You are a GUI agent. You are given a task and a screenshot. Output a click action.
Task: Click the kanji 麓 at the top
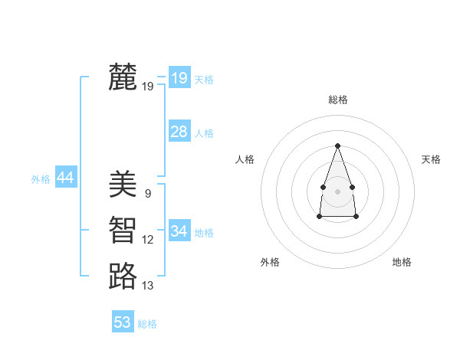coord(123,77)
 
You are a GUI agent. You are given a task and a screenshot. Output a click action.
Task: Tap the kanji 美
coord(123,184)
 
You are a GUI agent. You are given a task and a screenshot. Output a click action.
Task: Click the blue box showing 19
coord(179,77)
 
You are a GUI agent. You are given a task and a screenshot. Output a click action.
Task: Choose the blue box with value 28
coord(179,132)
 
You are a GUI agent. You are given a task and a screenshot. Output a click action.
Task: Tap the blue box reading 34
coord(179,231)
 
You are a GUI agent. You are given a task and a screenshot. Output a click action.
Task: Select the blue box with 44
coord(65,178)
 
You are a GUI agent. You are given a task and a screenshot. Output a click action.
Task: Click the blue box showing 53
coord(123,322)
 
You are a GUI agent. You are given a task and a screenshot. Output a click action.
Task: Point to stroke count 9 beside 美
coord(147,194)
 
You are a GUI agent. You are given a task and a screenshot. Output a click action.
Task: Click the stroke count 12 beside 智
coord(147,240)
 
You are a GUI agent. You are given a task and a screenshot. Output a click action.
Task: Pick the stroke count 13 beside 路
coord(147,286)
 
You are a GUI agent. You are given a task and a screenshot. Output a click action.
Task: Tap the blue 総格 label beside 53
coord(147,324)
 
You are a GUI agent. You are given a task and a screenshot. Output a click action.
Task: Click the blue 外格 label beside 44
coord(41,179)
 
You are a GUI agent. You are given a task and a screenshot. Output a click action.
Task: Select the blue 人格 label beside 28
coord(204,133)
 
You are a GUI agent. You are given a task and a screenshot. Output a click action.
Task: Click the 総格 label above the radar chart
coord(337,100)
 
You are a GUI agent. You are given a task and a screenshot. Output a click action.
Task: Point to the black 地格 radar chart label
coord(402,262)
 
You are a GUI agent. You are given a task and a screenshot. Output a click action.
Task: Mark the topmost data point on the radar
coord(337,146)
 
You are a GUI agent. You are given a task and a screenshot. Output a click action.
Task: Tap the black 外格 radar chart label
coord(270,262)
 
